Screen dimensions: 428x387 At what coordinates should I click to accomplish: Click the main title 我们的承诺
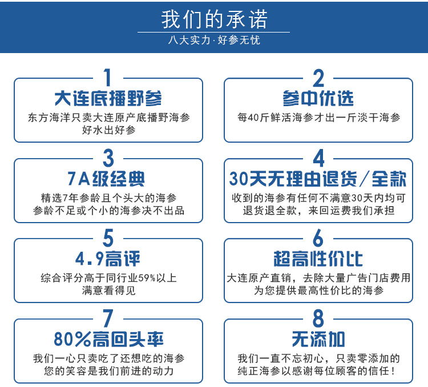point(214,19)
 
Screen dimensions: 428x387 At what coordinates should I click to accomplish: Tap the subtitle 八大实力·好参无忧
point(214,40)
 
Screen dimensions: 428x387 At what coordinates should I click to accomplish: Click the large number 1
point(108,77)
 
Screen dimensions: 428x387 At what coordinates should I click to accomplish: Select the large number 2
point(318,78)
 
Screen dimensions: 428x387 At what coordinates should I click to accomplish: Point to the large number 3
point(108,158)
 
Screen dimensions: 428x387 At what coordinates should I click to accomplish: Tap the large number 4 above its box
point(318,158)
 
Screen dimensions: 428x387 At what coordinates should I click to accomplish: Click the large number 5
point(108,238)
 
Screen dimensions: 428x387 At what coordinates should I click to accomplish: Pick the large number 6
point(318,238)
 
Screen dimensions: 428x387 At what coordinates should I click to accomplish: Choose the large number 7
point(108,318)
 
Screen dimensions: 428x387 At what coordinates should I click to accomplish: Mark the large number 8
point(318,318)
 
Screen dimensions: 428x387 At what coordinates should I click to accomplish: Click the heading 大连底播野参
point(108,98)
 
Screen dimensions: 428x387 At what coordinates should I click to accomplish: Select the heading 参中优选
point(318,98)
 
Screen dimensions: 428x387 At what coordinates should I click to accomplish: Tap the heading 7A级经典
point(106,179)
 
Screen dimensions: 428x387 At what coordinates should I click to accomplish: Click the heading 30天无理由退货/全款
point(318,179)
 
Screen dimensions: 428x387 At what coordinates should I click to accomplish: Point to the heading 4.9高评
point(108,259)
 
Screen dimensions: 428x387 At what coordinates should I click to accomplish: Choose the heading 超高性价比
point(318,259)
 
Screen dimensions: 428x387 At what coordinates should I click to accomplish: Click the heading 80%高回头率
point(108,339)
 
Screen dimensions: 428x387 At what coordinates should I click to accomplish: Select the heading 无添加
point(318,339)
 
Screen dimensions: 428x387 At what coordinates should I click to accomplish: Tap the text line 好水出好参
point(108,130)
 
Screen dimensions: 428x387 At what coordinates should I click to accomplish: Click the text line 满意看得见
point(108,291)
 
